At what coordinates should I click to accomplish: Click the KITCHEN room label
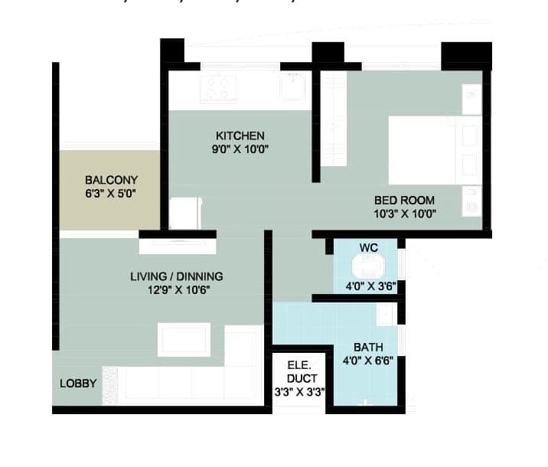tap(240, 136)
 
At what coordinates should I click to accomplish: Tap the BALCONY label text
tap(112, 180)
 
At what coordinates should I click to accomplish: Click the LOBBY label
tap(78, 383)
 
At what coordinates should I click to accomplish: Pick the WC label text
tap(370, 248)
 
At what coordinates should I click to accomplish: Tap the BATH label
tap(368, 347)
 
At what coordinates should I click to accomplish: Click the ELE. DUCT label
tap(298, 372)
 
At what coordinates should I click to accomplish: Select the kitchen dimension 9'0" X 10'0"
tap(240, 149)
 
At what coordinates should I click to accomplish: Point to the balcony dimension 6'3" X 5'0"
tap(112, 194)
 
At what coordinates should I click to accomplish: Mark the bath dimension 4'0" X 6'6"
tap(368, 361)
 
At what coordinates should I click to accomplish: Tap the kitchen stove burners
tap(219, 87)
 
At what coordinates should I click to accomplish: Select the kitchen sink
tap(294, 87)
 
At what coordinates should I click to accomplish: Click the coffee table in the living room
tap(184, 339)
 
